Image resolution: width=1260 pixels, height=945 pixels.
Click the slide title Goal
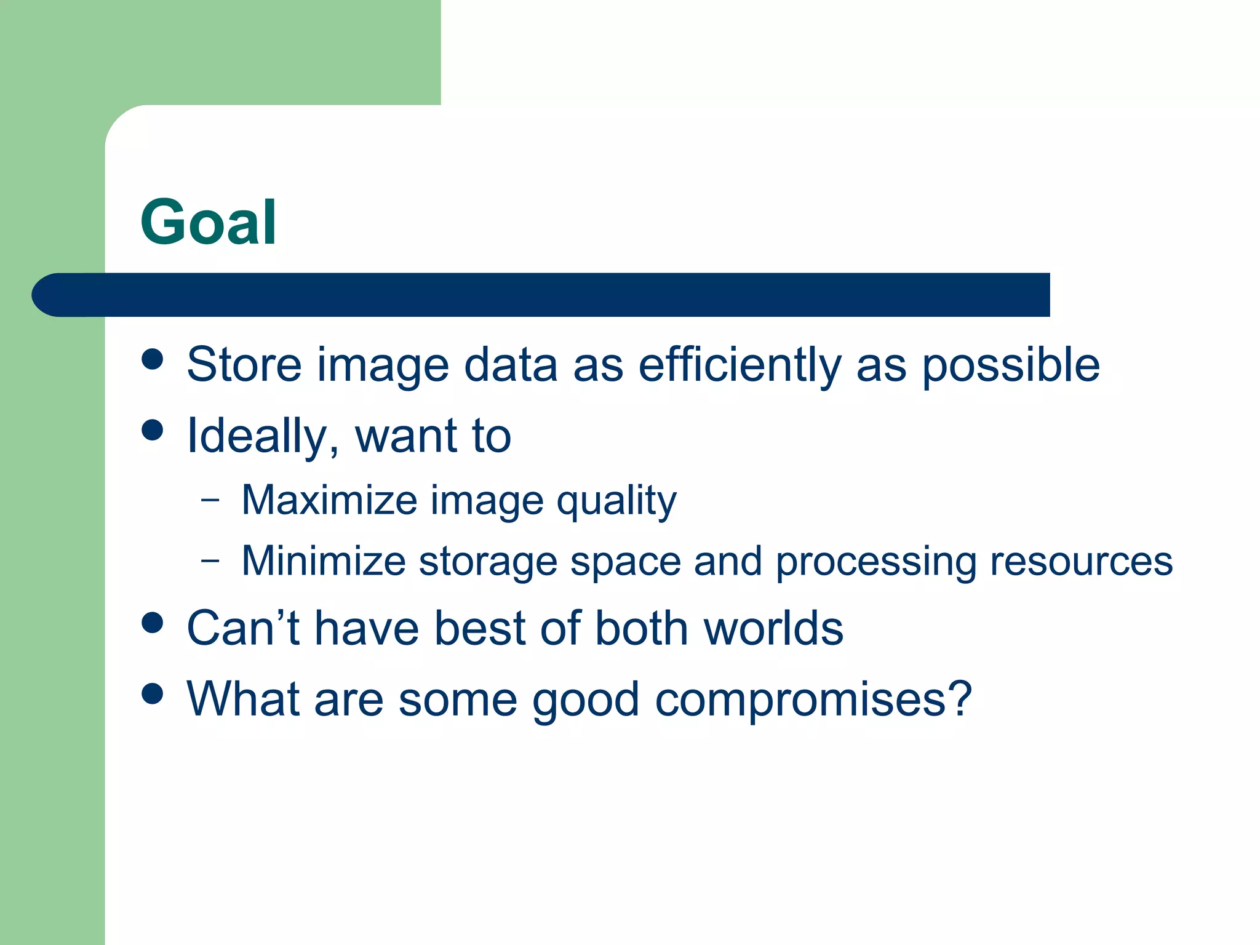[x=208, y=223]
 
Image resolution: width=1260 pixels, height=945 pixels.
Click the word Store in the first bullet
[x=244, y=365]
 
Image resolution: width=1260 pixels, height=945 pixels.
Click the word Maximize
[x=329, y=500]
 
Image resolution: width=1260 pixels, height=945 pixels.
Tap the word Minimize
[x=324, y=561]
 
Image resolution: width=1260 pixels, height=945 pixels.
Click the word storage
[x=488, y=562]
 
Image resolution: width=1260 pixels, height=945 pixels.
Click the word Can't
[x=244, y=629]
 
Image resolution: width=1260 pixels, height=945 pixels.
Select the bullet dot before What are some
[x=152, y=693]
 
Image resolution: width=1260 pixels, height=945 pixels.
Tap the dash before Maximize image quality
[x=210, y=500]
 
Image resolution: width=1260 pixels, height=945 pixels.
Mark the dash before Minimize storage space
[x=210, y=560]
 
